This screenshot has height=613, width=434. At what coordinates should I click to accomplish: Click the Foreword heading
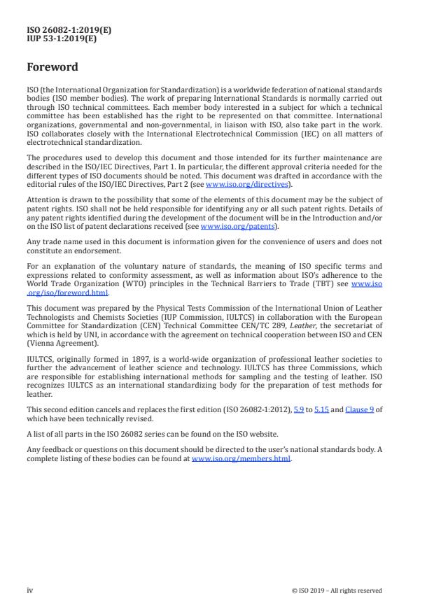(52, 68)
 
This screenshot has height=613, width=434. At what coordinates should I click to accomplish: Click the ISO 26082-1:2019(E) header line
(69, 30)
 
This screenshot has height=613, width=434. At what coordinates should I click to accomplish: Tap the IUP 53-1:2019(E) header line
(62, 38)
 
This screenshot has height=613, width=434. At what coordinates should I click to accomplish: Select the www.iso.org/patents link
(229, 227)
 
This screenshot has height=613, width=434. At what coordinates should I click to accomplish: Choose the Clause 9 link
(359, 409)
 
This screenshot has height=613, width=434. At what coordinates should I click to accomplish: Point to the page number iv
(30, 590)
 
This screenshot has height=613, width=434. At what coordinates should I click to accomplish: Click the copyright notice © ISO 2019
(337, 591)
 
